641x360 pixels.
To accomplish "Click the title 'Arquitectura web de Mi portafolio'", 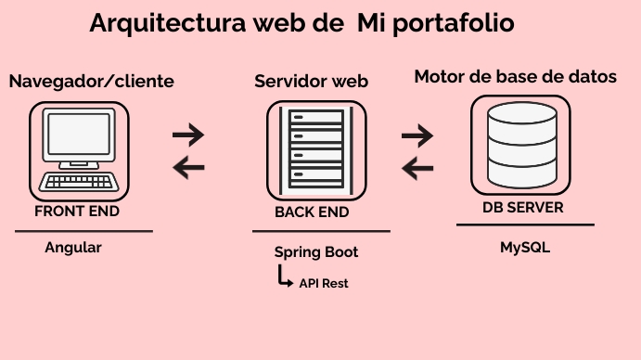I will tap(301, 23).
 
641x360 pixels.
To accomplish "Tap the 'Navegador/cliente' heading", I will tap(91, 82).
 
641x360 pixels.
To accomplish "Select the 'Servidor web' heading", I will tap(312, 82).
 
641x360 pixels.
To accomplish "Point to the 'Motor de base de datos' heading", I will tap(516, 77).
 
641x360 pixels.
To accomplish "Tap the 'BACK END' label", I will tap(312, 212).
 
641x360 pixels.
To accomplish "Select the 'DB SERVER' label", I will tap(522, 208).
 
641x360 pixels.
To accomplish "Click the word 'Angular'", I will tap(73, 248).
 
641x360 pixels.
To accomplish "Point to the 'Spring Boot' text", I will tap(316, 252).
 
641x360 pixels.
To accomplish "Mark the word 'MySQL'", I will tap(524, 248).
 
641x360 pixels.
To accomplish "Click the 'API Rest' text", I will tap(324, 283).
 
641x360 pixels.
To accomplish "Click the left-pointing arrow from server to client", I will tap(188, 167).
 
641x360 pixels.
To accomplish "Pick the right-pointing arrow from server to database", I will tap(417, 135).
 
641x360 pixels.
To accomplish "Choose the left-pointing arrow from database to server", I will tap(417, 168).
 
